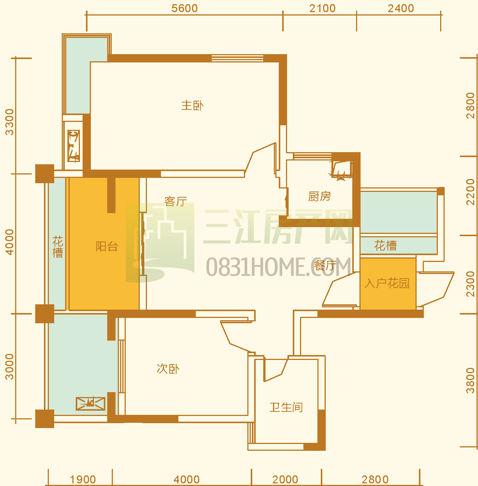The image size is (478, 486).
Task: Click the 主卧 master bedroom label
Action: (x=192, y=106)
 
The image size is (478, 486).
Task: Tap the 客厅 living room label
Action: (x=176, y=201)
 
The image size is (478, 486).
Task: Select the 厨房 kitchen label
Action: (x=319, y=196)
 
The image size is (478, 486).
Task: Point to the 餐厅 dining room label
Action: (x=325, y=266)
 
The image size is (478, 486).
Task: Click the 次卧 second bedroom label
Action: (x=168, y=369)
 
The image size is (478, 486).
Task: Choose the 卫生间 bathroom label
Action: (x=286, y=407)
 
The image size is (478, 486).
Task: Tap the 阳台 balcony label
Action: (x=107, y=246)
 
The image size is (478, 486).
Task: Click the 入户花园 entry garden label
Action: (x=387, y=283)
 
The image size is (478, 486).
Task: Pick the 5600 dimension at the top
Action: (x=184, y=8)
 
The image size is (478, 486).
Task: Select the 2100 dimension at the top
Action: (x=323, y=8)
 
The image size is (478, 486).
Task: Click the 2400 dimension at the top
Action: (x=401, y=8)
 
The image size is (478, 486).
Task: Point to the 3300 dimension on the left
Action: (x=9, y=122)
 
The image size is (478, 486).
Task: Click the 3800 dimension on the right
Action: (x=470, y=380)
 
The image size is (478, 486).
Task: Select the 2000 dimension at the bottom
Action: (x=285, y=479)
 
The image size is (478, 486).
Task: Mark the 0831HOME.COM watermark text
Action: (x=278, y=266)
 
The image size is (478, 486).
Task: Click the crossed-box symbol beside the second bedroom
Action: (x=91, y=403)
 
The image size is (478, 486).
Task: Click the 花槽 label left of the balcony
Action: (x=58, y=247)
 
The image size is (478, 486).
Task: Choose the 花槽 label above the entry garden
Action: (x=385, y=245)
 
